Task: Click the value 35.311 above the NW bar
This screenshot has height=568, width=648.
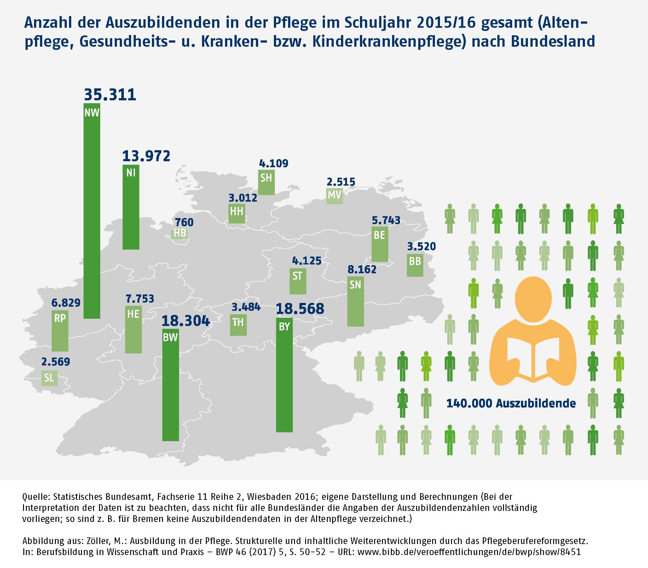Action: point(110,94)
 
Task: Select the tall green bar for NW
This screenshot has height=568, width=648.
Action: point(92,211)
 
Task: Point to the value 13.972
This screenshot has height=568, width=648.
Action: point(146,156)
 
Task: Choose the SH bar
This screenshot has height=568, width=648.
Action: point(266,183)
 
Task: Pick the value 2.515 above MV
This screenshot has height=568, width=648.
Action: point(341,182)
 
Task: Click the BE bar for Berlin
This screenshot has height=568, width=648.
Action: point(380,244)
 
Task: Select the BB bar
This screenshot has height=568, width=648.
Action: point(415,265)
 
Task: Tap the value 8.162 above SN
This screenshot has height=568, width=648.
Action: point(362,269)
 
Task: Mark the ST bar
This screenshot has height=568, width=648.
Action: point(298,281)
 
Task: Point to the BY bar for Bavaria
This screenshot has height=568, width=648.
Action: point(284,375)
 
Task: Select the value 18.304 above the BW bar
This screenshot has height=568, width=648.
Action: point(186,321)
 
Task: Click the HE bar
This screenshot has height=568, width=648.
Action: point(133,329)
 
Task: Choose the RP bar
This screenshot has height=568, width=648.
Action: point(60,331)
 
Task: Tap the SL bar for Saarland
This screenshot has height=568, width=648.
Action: point(49,378)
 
